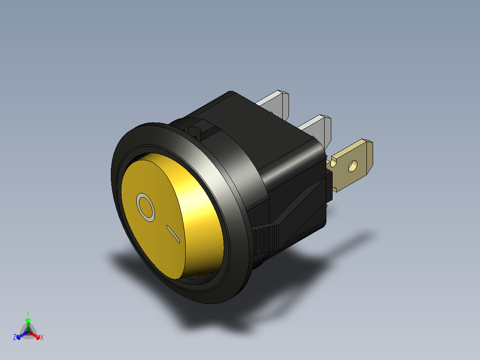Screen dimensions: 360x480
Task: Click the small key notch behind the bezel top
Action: (x=196, y=129)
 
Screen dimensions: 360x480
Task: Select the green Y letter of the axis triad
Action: (x=28, y=313)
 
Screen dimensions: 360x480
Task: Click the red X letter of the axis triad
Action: (x=42, y=338)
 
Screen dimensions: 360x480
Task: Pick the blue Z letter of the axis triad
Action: (x=15, y=338)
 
